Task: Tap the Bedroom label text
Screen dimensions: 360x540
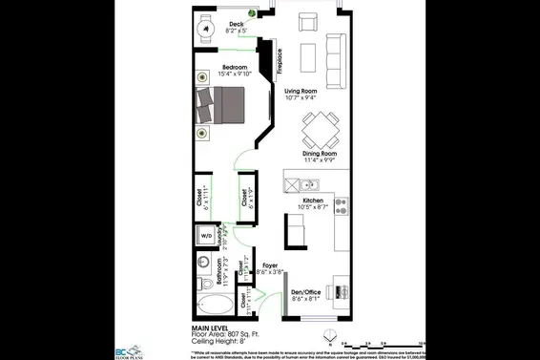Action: pos(221,67)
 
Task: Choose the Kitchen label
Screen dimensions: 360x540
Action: pos(312,201)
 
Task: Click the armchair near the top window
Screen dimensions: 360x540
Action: pos(307,23)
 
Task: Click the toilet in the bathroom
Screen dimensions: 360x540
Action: pos(201,283)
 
